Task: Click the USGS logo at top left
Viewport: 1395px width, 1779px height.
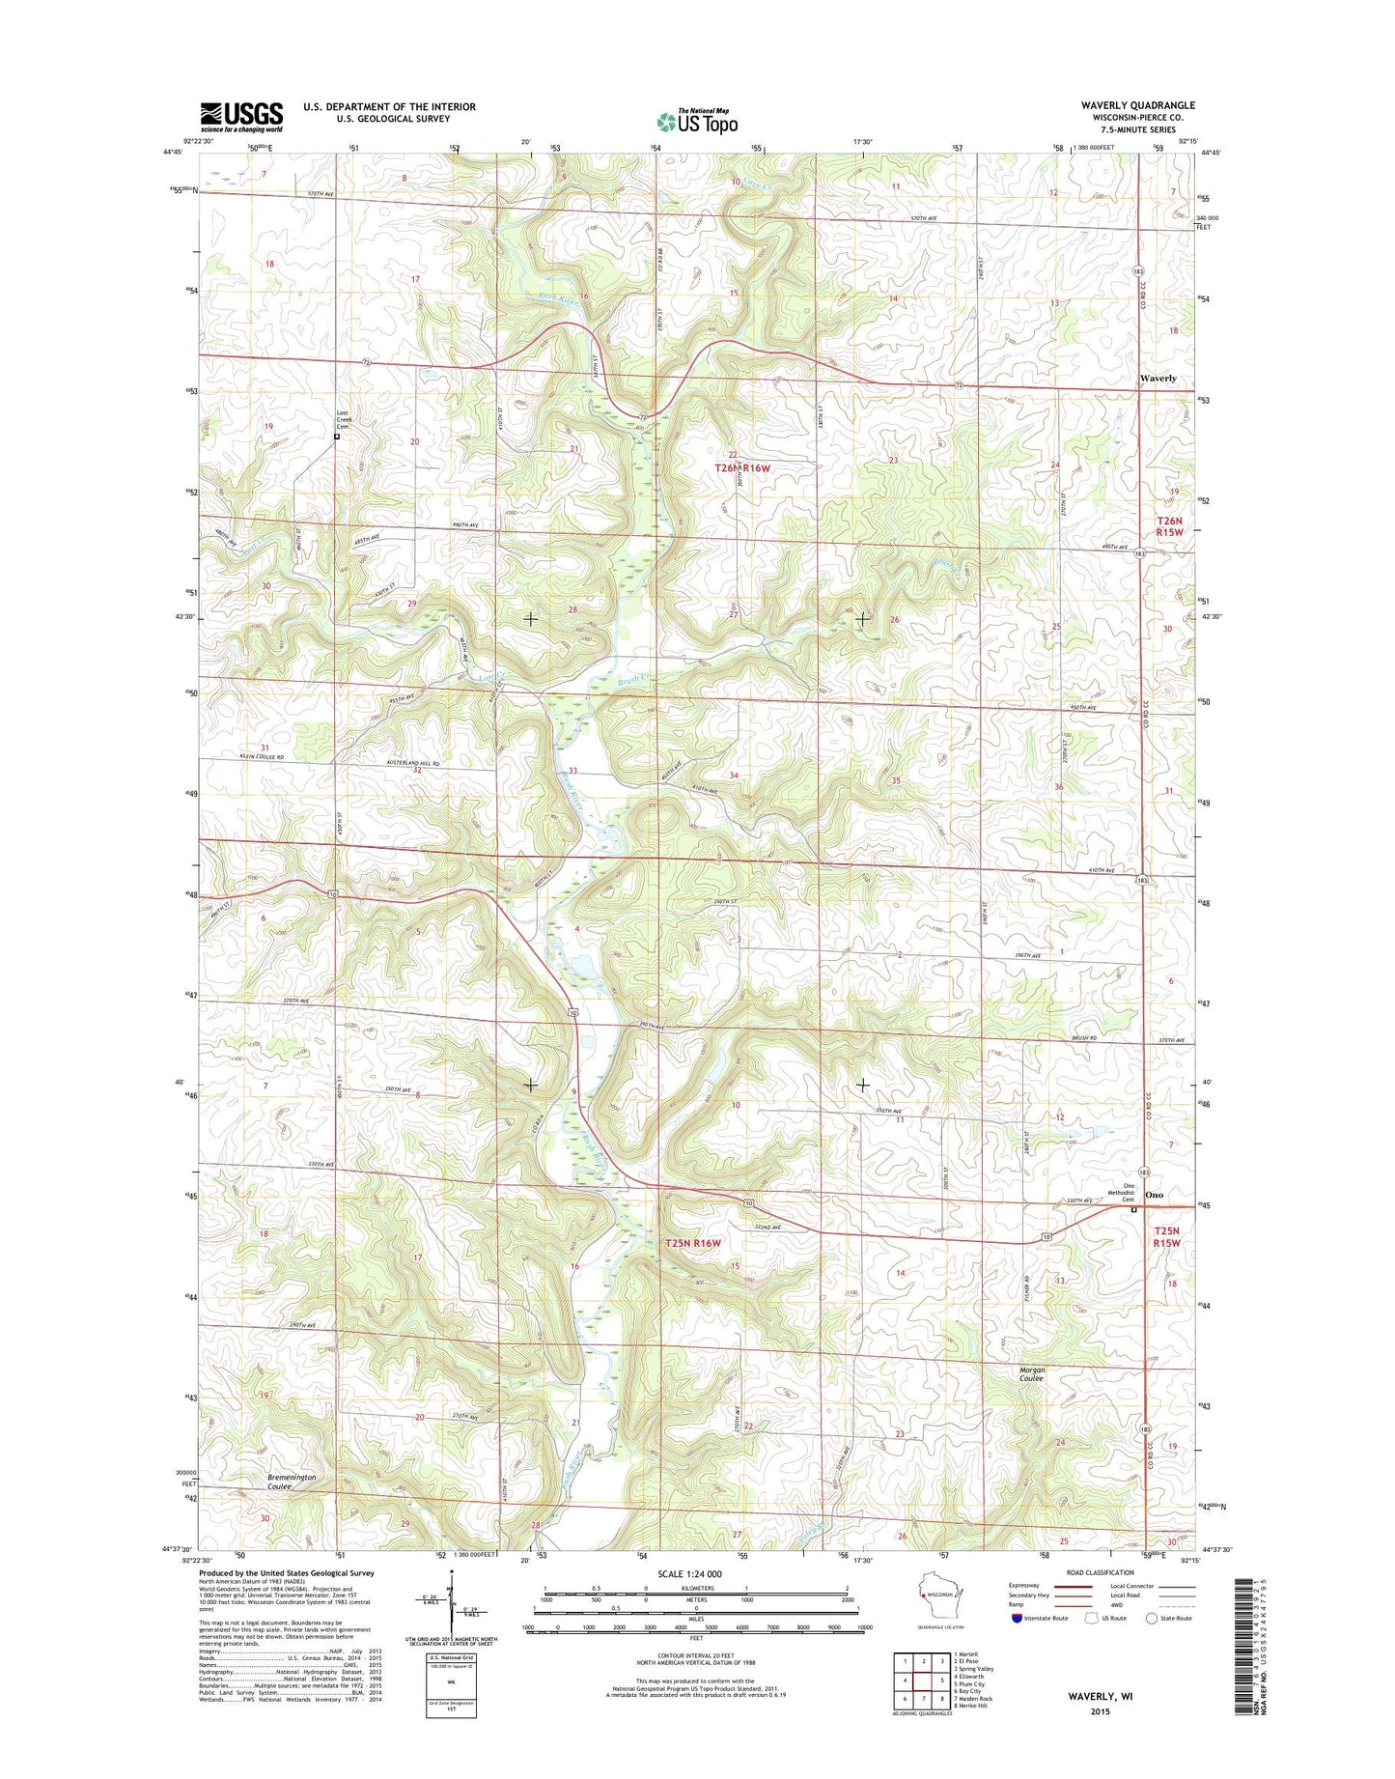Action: [241, 117]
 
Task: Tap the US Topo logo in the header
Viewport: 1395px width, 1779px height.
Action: [697, 122]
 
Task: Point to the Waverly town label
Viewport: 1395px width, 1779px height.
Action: [1158, 379]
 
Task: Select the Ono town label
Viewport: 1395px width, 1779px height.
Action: [1154, 1195]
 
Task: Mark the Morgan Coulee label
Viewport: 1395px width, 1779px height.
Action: [1032, 1373]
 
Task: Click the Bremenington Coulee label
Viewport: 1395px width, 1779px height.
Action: [292, 1482]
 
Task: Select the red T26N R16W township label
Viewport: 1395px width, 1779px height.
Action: [742, 468]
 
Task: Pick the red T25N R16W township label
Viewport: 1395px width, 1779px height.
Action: [693, 1243]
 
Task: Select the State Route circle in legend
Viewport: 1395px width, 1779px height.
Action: [1151, 1645]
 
